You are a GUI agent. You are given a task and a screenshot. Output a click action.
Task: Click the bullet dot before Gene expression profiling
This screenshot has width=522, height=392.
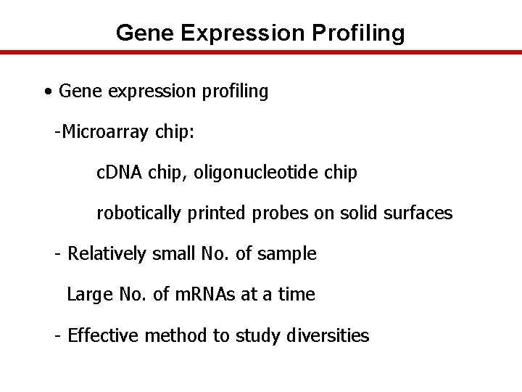47,92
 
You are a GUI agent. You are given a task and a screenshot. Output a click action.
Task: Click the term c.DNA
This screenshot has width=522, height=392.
120,173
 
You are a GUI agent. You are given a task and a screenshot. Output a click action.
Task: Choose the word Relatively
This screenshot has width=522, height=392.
107,254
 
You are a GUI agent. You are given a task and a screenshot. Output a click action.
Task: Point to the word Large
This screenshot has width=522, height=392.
86,295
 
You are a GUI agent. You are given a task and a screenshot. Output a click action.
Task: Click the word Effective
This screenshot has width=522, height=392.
104,335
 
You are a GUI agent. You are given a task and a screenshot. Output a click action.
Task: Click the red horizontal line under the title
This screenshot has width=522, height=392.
261,52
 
